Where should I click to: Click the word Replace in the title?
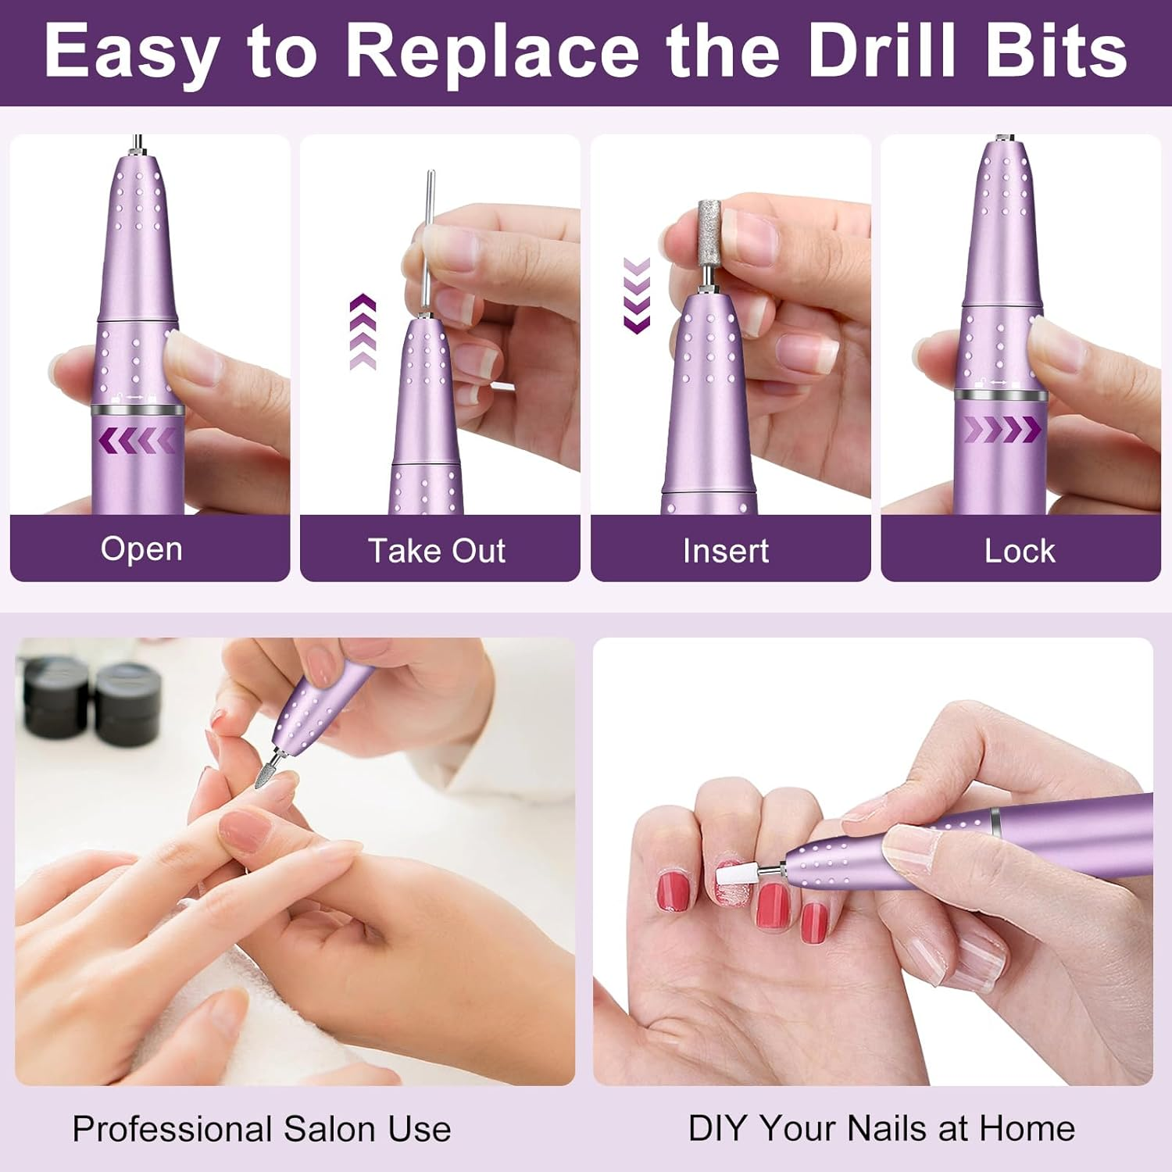(x=492, y=52)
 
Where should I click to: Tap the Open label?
(x=141, y=549)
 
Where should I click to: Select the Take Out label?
(x=437, y=551)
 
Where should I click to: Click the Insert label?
(x=726, y=551)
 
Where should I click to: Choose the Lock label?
(x=1019, y=551)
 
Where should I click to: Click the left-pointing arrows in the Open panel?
(x=138, y=441)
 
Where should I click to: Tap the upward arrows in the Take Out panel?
(x=363, y=331)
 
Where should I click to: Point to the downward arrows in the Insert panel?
(x=637, y=295)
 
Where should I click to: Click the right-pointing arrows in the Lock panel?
(x=1002, y=429)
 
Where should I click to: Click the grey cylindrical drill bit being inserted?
(x=709, y=231)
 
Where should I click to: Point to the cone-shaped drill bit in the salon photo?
(x=266, y=774)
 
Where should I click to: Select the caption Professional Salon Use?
(x=262, y=1129)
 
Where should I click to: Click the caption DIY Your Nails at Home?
(x=881, y=1128)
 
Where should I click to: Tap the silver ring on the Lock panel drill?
(x=1000, y=395)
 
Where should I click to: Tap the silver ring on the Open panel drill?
(x=138, y=410)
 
